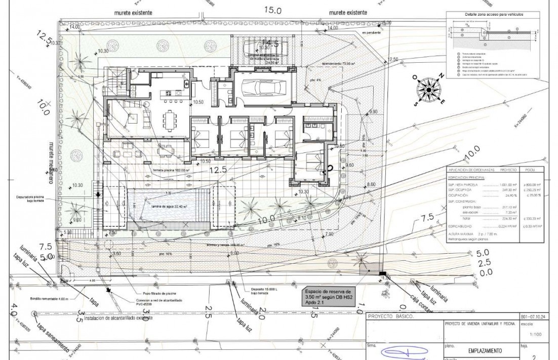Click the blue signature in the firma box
[401, 351]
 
